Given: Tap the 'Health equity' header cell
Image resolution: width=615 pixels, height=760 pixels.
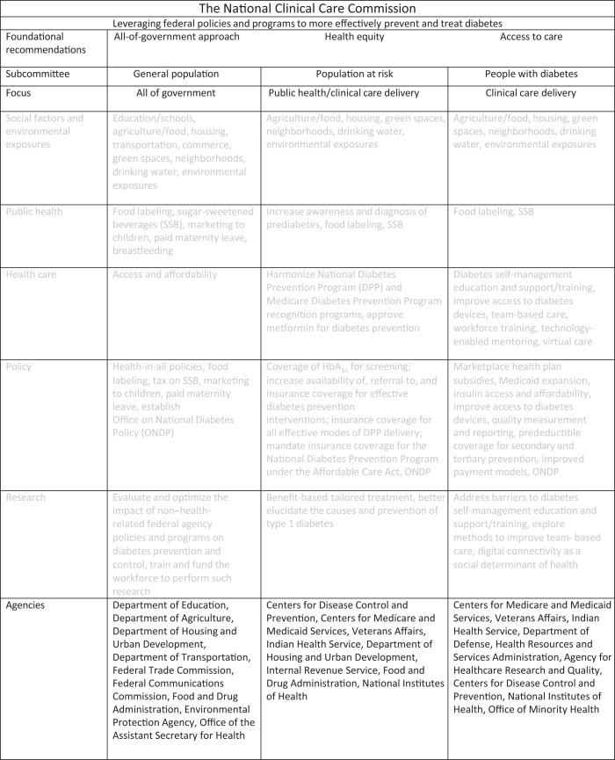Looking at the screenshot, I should click(356, 37).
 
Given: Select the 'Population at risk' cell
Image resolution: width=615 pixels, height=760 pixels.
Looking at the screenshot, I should click(356, 75).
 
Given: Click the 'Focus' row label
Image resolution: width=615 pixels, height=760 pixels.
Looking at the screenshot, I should click(21, 91).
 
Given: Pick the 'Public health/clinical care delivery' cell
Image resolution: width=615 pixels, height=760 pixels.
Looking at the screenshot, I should click(356, 92).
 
